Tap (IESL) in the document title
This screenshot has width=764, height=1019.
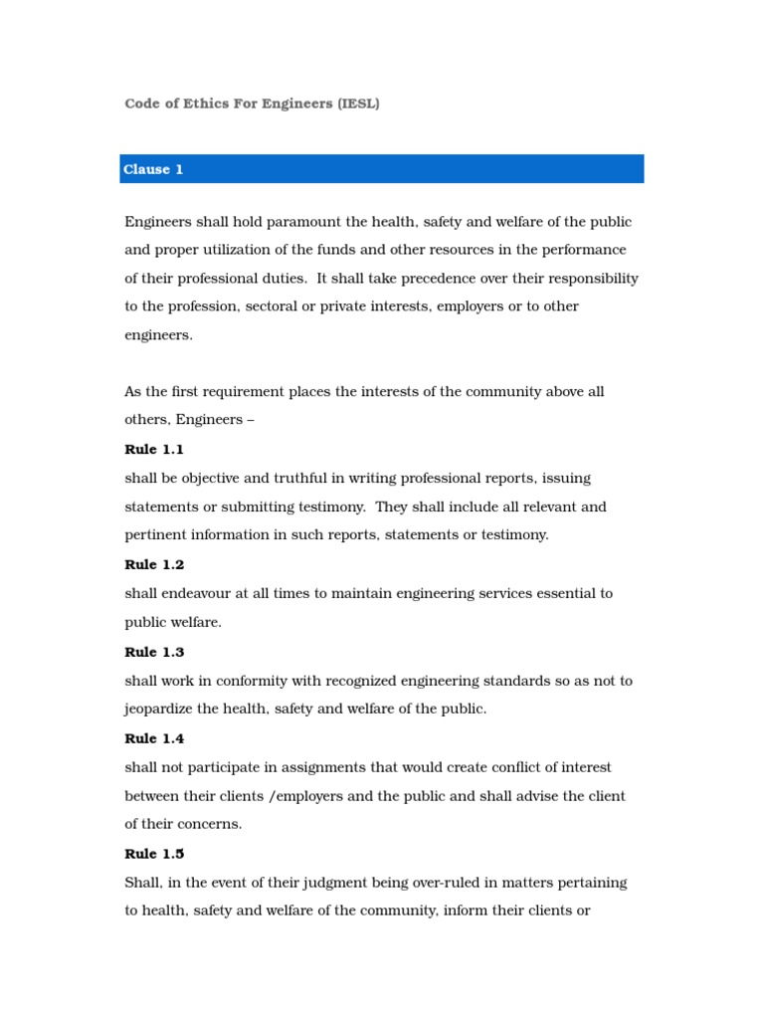(x=358, y=103)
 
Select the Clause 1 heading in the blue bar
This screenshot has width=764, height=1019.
(x=153, y=169)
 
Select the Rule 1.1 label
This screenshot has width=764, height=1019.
(x=154, y=450)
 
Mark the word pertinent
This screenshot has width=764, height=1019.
(x=156, y=535)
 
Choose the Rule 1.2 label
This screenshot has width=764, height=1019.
(x=154, y=565)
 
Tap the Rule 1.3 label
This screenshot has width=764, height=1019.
(x=154, y=653)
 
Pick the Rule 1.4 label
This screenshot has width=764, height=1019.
(x=154, y=739)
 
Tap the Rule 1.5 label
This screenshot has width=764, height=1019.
(x=154, y=854)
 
